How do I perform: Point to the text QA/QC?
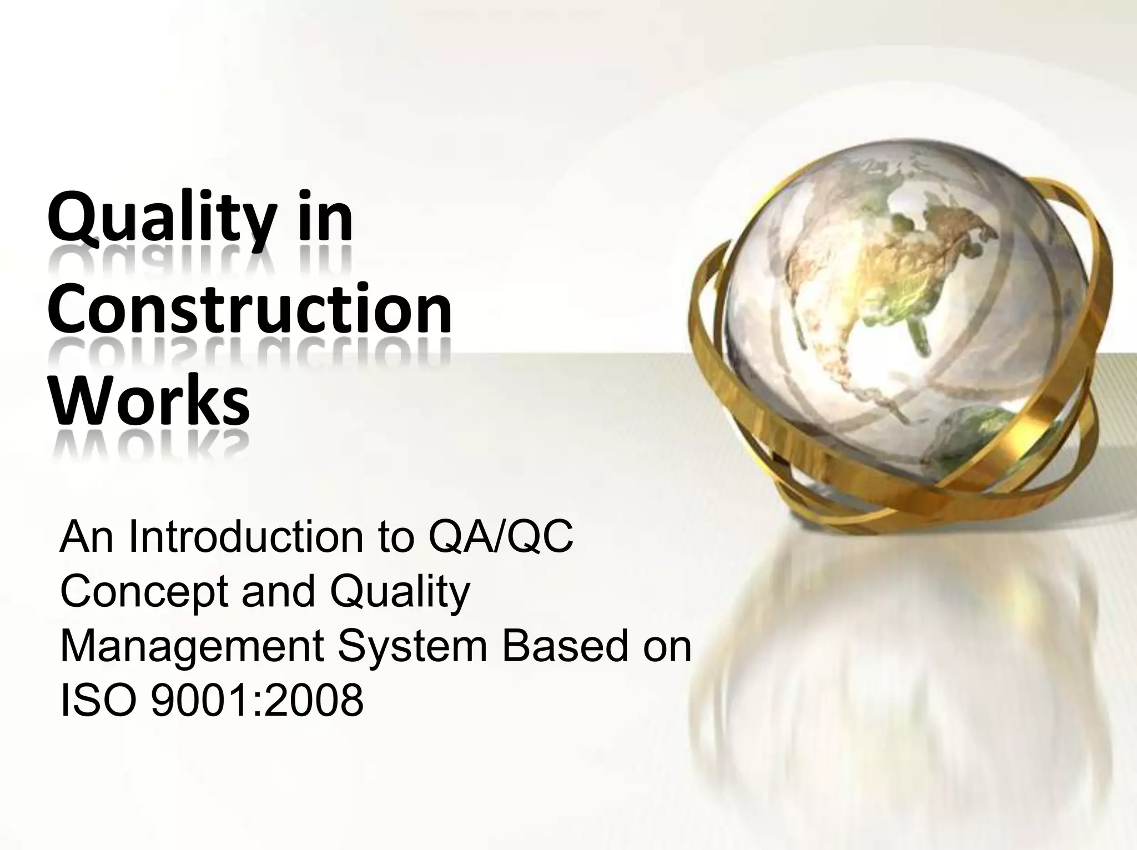(500, 538)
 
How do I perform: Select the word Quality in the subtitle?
(400, 591)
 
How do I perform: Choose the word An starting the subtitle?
(88, 538)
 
